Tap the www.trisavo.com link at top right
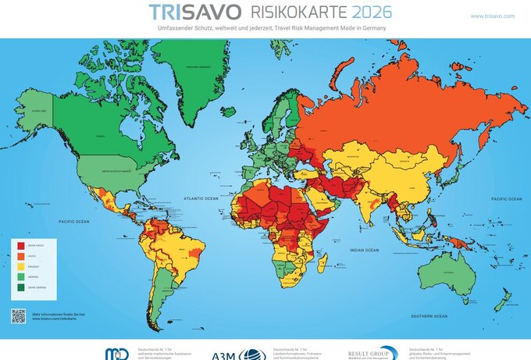[x=492, y=16]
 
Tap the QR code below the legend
[x=19, y=315]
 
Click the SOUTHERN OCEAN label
[x=430, y=315]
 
